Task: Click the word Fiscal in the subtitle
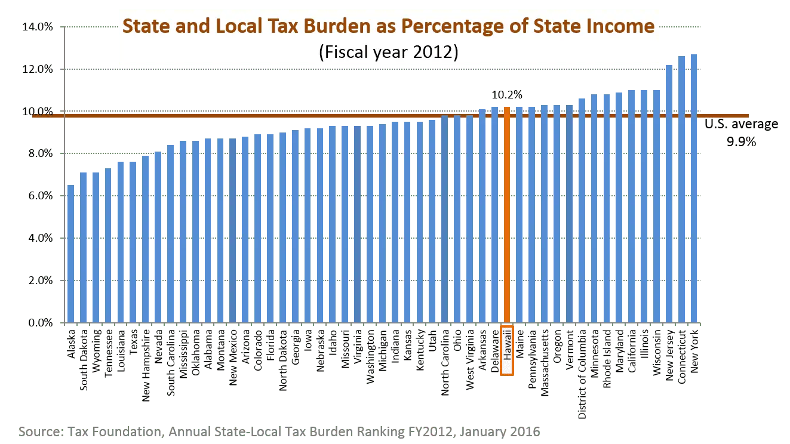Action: click(345, 53)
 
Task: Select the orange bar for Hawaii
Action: click(507, 215)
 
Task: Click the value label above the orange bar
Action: click(508, 94)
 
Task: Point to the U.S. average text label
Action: click(740, 125)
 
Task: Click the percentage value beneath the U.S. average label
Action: click(742, 142)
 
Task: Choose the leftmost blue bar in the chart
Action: click(71, 254)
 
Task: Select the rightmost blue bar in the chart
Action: click(693, 188)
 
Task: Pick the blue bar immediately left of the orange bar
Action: click(494, 215)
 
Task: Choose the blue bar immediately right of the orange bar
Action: click(520, 215)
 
